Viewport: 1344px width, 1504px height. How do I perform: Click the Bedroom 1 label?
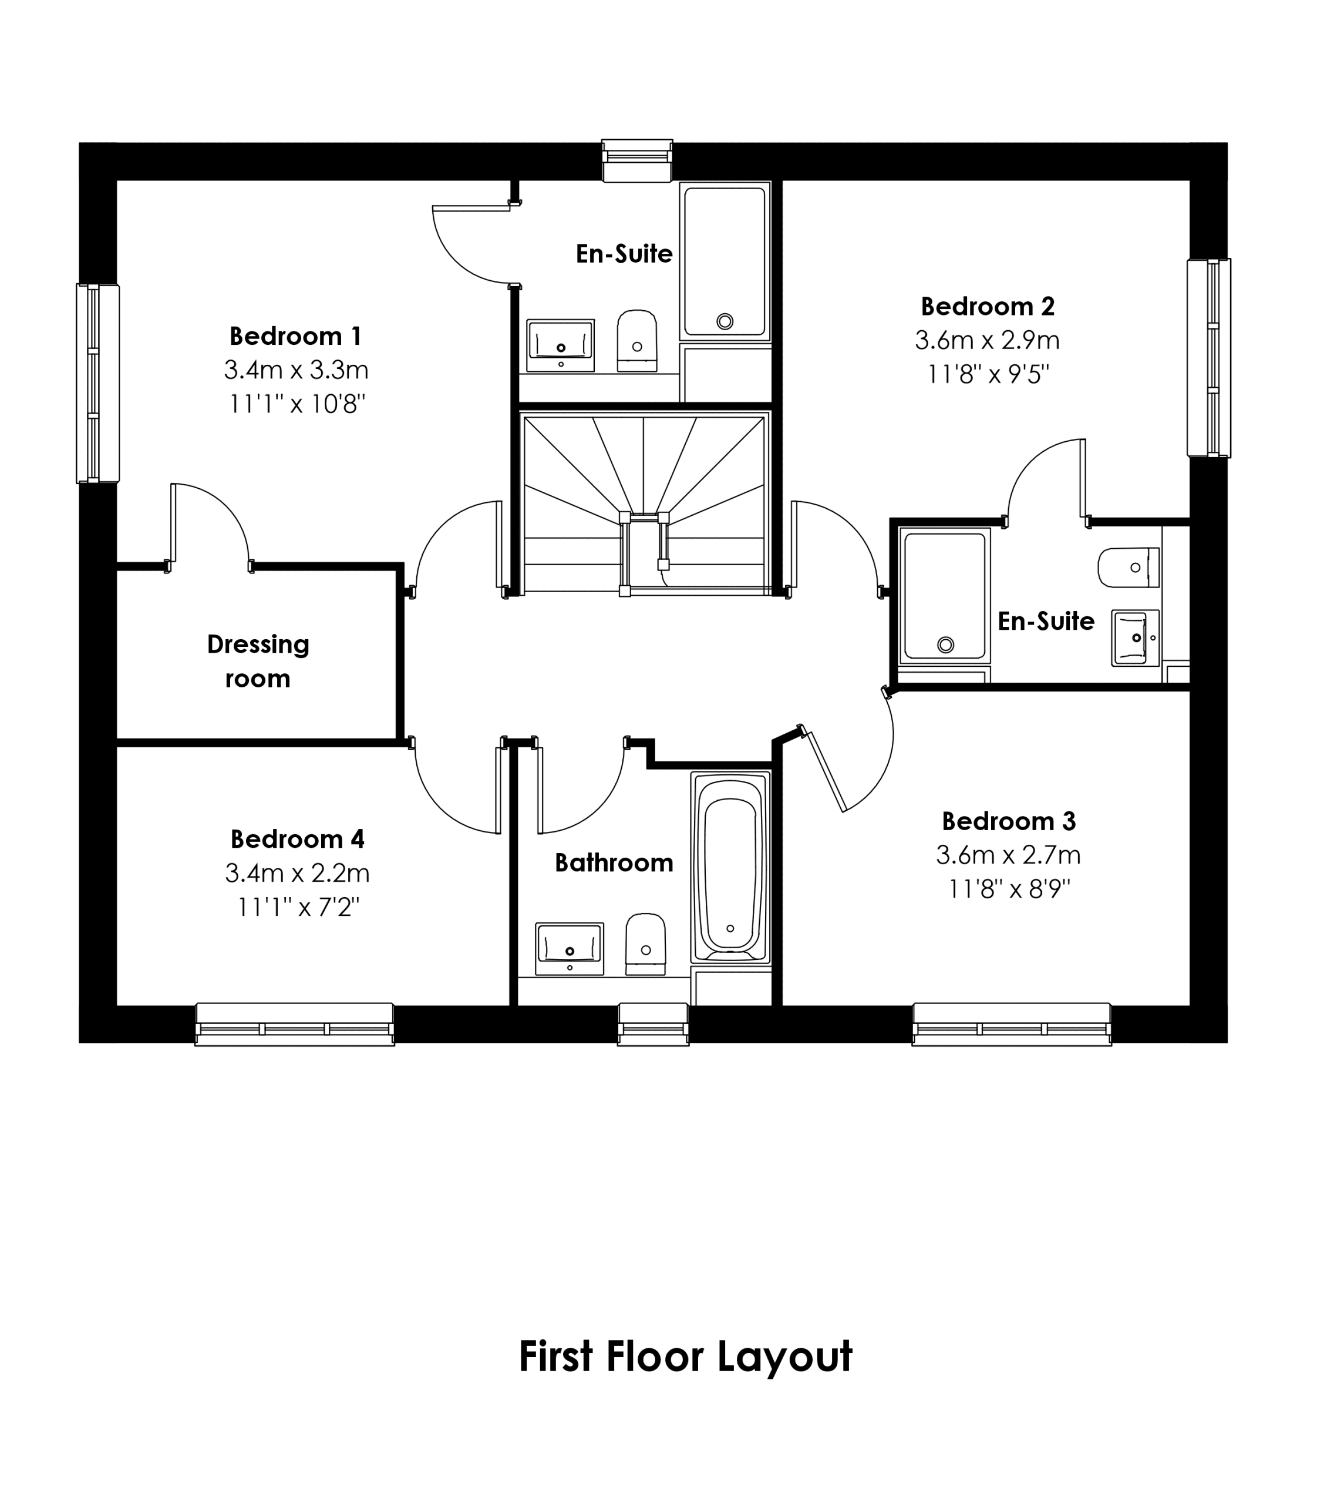pos(295,336)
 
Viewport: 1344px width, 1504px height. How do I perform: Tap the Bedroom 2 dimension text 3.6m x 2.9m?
pos(988,341)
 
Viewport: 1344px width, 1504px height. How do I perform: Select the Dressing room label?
pos(258,661)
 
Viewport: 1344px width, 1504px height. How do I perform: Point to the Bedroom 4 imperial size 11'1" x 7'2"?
pos(298,907)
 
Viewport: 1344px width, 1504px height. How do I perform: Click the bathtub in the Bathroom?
pos(730,867)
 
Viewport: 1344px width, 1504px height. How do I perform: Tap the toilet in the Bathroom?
pos(645,944)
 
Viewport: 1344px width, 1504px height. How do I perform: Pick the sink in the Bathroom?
pos(570,948)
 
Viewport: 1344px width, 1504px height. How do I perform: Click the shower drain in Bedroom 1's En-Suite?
pos(725,321)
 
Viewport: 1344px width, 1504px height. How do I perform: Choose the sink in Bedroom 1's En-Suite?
pos(561,345)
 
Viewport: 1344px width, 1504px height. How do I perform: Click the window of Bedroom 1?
pos(97,384)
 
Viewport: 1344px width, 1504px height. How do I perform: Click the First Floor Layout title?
pos(685,1357)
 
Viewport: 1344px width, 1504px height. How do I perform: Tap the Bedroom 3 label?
pos(1009,821)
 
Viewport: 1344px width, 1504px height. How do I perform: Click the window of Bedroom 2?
pos(1209,358)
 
